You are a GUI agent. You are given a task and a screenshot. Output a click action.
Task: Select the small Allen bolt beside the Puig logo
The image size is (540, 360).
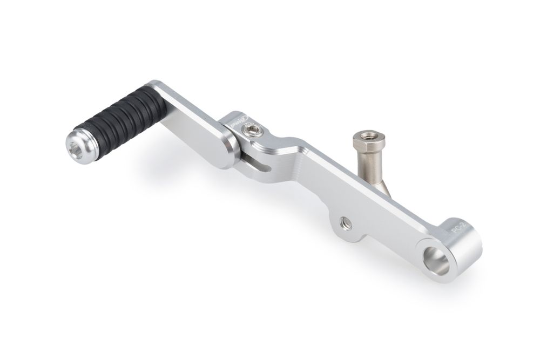point(252,129)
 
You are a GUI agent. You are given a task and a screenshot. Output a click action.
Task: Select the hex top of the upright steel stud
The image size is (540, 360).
point(369,141)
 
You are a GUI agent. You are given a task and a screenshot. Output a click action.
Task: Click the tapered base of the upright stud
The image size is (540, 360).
point(384,186)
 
